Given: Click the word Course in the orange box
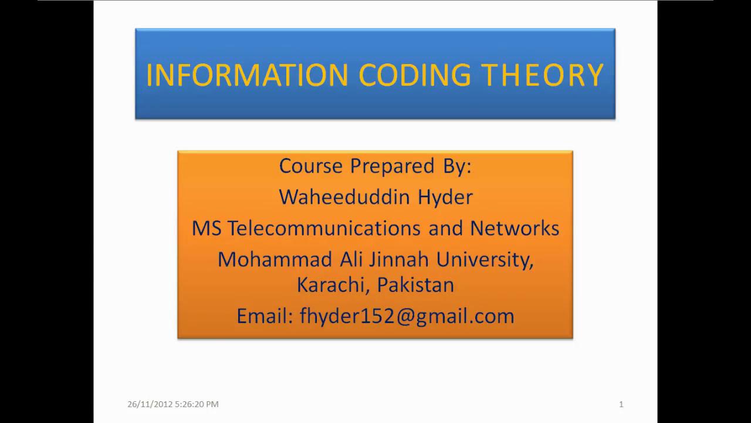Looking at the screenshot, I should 310,166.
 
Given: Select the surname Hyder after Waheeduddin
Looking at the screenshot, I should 445,197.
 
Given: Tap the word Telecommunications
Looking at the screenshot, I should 324,228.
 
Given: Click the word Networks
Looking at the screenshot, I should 515,228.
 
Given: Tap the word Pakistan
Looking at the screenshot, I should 415,285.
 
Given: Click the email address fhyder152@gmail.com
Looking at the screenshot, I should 407,316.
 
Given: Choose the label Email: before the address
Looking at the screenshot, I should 265,316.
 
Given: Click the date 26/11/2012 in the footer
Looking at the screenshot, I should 150,404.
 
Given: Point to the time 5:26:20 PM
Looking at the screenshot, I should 197,404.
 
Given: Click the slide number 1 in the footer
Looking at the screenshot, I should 621,404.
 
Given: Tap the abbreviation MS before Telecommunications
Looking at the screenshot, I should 207,228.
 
